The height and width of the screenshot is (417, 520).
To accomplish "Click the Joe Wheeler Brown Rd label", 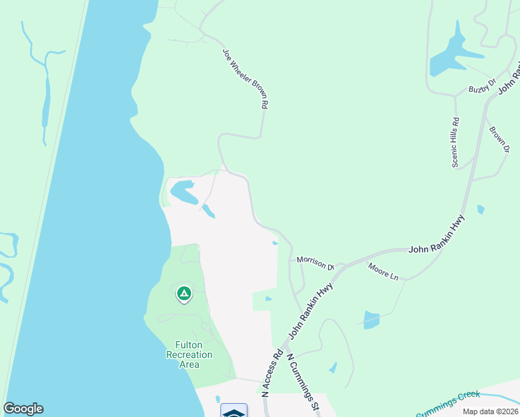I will (x=245, y=78).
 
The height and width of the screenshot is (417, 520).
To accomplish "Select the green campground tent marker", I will (x=184, y=295).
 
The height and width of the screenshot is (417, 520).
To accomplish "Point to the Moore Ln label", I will (x=383, y=272).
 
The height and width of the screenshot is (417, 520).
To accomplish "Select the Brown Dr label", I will (x=499, y=141).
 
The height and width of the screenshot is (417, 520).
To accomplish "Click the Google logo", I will (x=23, y=409).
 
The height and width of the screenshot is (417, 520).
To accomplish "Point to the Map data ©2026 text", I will (x=489, y=411).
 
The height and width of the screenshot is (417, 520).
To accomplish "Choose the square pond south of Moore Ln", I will (x=371, y=320).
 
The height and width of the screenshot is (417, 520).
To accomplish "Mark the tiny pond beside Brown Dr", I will (x=480, y=209).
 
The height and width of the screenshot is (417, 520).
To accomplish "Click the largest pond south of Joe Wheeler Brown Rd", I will (x=182, y=191).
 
